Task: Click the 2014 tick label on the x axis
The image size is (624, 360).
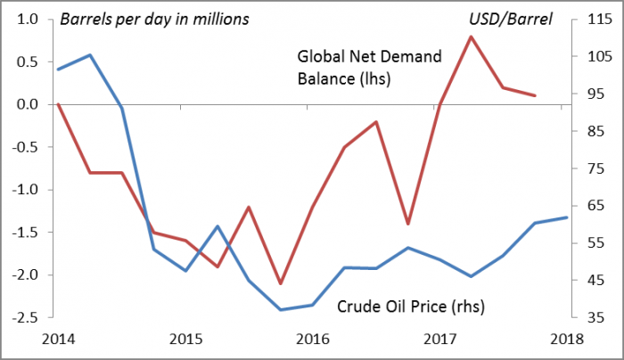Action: tap(57, 340)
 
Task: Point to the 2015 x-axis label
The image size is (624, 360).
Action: tap(185, 340)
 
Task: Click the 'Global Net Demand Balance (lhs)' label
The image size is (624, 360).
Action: tap(369, 68)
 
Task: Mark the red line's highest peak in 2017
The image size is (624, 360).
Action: tap(471, 37)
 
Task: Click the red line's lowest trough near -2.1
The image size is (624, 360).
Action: tap(280, 283)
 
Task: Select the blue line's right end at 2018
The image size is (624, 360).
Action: tap(567, 217)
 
